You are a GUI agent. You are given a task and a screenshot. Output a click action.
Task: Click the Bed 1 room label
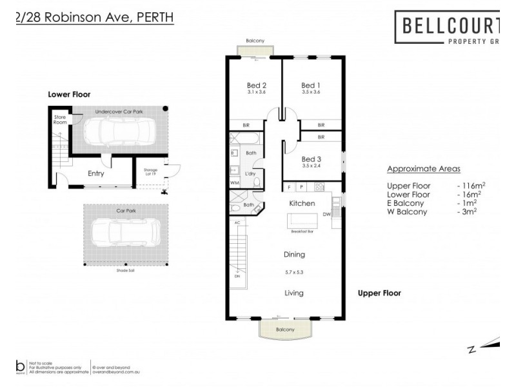point(311,85)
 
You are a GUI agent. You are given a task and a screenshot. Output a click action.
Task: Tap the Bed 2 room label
point(257,85)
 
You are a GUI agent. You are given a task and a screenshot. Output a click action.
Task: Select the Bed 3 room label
point(311,159)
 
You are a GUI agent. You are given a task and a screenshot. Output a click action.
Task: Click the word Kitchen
point(302,203)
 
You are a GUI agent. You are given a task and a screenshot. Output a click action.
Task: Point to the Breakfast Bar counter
point(302,223)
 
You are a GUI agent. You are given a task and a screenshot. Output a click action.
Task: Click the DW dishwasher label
point(327,215)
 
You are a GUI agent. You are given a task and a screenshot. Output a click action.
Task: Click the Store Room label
point(60,119)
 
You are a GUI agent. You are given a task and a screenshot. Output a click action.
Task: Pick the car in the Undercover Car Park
point(116,132)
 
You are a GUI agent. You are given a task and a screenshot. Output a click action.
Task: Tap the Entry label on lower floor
point(95,174)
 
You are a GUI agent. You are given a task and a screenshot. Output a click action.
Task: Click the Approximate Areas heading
point(423,169)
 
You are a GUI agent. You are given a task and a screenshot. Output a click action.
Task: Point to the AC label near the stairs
point(237,223)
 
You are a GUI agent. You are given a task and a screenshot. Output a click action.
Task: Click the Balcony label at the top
point(255,41)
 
